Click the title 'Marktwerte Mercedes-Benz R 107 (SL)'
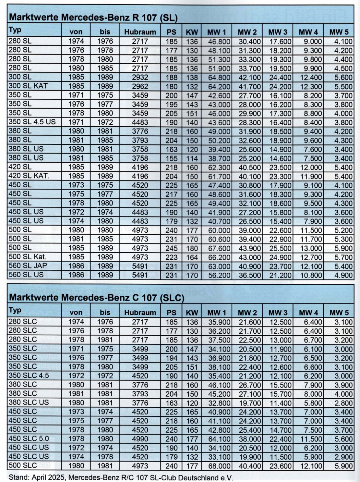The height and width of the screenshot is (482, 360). (x=93, y=18)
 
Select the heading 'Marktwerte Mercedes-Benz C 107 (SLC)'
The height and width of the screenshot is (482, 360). (x=97, y=298)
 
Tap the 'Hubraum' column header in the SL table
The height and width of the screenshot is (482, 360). (x=140, y=32)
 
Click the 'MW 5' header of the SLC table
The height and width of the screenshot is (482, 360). (x=339, y=313)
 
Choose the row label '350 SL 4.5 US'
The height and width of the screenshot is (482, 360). (x=32, y=122)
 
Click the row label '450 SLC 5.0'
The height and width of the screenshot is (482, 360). (x=29, y=439)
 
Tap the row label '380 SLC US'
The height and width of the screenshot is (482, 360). (x=29, y=402)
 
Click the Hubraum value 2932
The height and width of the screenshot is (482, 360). (x=140, y=77)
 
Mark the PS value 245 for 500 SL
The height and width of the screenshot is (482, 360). (x=172, y=248)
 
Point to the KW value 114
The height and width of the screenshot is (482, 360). (x=192, y=158)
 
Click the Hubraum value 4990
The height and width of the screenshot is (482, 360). (x=140, y=439)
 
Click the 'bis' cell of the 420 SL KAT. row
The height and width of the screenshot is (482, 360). (x=105, y=176)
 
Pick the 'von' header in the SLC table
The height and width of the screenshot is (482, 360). (x=76, y=313)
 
